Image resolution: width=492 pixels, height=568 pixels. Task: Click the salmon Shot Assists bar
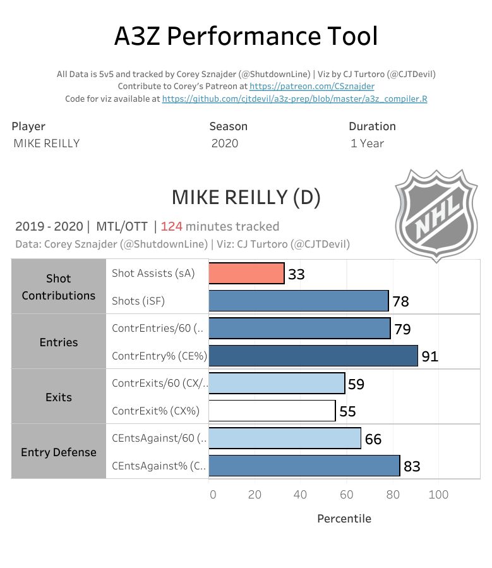[x=246, y=273]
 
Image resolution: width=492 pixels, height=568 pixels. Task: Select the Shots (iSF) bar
[x=298, y=301]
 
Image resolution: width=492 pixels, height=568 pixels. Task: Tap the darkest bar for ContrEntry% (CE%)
[x=313, y=356]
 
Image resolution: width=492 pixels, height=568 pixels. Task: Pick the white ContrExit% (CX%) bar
[x=272, y=411]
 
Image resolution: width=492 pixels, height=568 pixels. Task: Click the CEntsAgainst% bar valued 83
[x=304, y=466]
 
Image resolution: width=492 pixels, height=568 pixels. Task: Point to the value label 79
[x=402, y=329]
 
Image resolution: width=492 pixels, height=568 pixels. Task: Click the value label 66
[x=373, y=439]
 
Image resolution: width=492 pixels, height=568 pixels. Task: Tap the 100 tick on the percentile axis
[x=438, y=494]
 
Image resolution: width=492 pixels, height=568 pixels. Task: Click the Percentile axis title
[x=344, y=519]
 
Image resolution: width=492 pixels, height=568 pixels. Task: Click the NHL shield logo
[x=436, y=215]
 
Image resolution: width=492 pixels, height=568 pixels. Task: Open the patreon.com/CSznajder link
[x=311, y=87]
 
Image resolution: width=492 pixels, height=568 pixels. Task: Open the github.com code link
[x=294, y=99]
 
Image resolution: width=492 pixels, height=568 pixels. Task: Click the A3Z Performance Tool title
[x=246, y=37]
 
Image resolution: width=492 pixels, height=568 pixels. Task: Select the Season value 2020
[x=225, y=143]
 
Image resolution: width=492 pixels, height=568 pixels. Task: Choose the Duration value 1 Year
[x=367, y=143]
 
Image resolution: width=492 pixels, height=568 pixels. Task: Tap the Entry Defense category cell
[x=59, y=452]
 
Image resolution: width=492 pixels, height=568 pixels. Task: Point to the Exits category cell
[x=59, y=397]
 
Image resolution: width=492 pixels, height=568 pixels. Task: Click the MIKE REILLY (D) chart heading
[x=246, y=198]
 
